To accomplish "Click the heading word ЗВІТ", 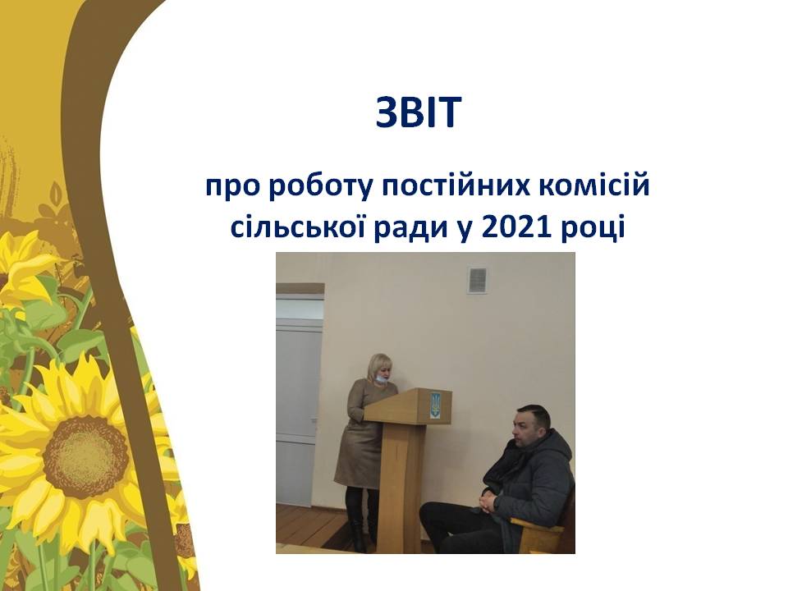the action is click(x=418, y=112).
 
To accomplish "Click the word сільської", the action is click(x=291, y=227).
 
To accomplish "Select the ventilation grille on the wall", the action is click(x=477, y=280).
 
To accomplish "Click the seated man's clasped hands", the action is click(x=488, y=501).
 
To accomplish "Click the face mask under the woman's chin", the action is click(x=382, y=380).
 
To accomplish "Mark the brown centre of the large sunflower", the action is click(x=85, y=457).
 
